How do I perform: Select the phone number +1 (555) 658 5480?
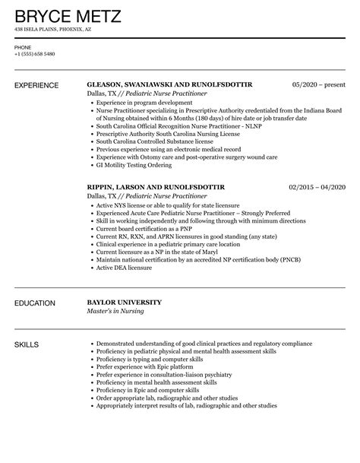tap(36, 53)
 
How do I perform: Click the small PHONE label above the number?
tap(22, 46)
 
